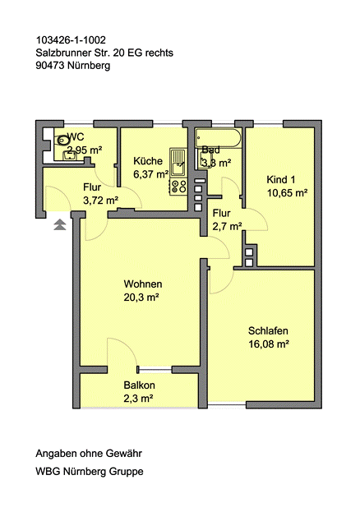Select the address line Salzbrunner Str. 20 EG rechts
[x=104, y=53]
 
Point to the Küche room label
[x=147, y=161]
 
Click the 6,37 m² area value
[x=150, y=174]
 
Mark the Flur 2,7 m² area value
[x=227, y=225]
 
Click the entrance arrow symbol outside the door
[x=59, y=224]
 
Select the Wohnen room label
[x=142, y=284]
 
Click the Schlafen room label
[x=268, y=331]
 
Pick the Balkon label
[x=139, y=385]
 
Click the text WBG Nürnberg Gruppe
[x=89, y=472]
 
